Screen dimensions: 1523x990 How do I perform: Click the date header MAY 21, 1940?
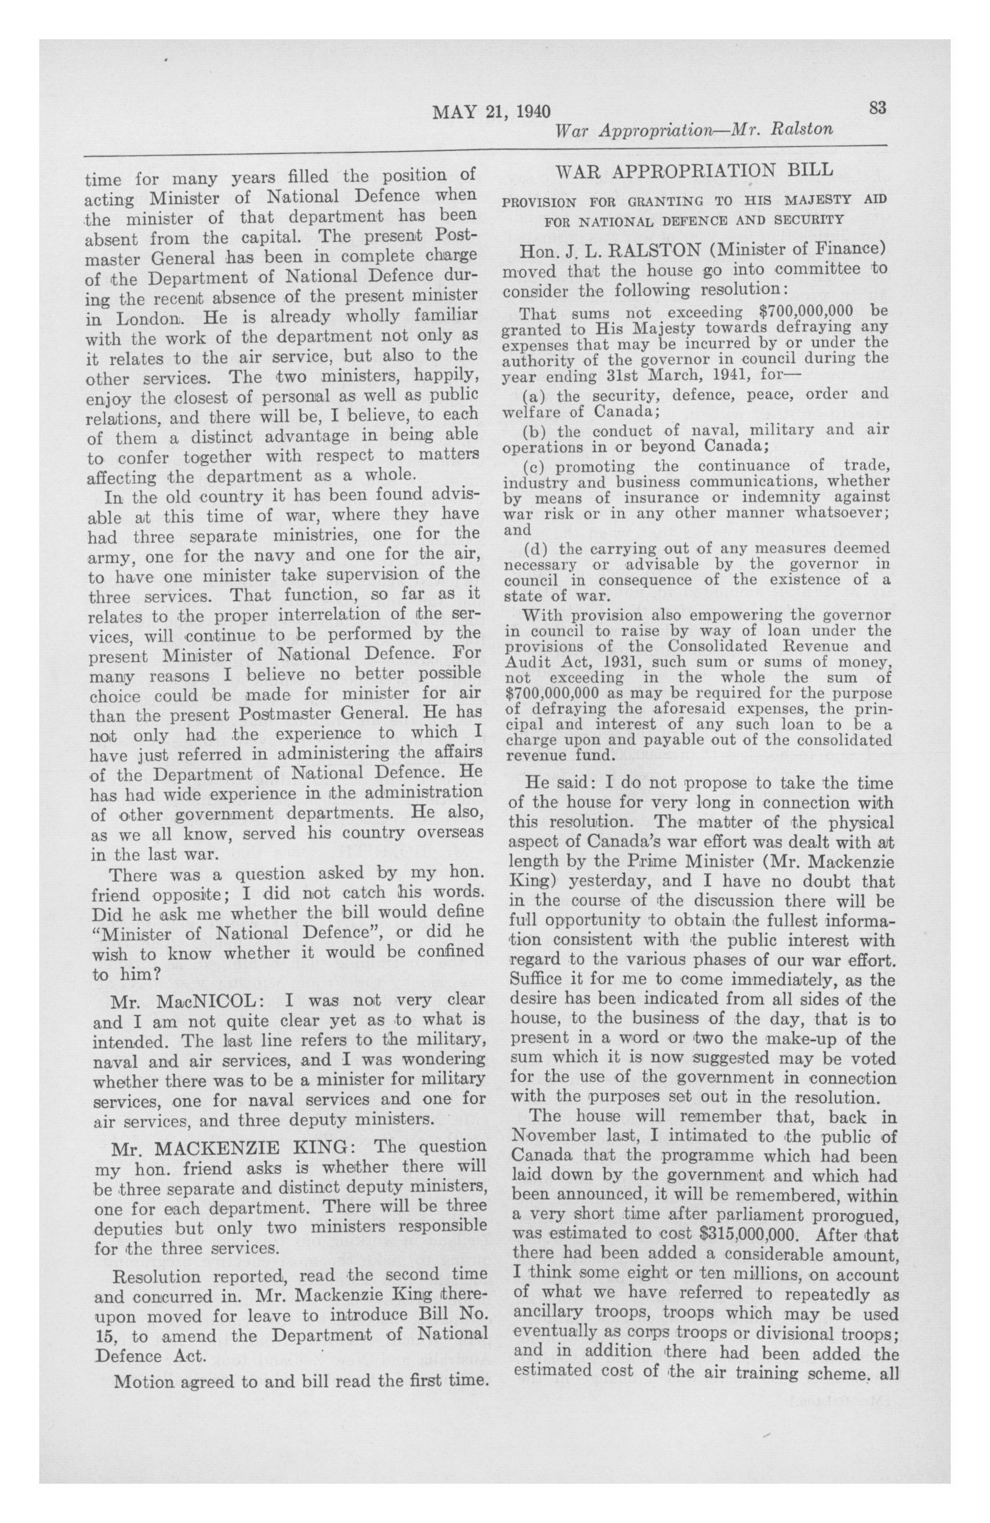(491, 113)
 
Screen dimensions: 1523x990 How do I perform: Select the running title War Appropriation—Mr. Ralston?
(694, 130)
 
